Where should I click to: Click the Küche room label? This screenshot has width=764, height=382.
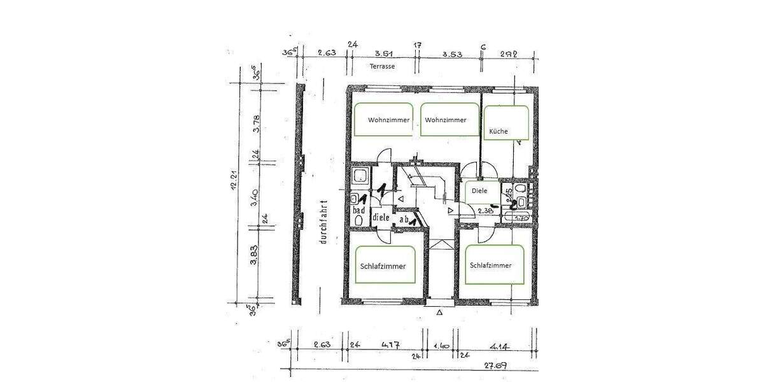(x=498, y=132)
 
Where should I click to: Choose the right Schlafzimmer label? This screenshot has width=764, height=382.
(x=491, y=265)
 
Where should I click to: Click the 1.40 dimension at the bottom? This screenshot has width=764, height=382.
(x=441, y=346)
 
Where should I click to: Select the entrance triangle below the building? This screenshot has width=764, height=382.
(x=439, y=313)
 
